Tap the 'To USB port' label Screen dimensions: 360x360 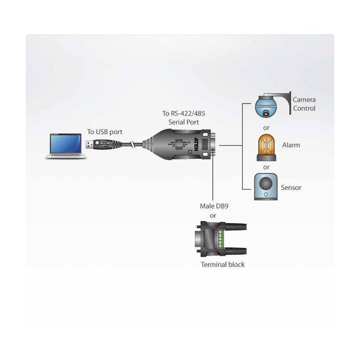click(104, 132)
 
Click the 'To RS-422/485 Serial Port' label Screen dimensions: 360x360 click(180, 117)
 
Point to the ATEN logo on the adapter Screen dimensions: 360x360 click(198, 145)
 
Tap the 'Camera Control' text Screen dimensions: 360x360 click(304, 104)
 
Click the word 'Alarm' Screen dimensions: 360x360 click(291, 145)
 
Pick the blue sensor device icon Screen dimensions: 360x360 click(266, 186)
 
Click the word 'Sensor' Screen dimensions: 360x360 click(291, 188)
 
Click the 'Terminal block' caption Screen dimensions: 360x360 click(223, 265)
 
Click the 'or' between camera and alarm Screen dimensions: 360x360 click(266, 128)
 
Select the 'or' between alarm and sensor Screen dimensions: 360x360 click(266, 167)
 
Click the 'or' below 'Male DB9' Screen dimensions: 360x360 click(213, 216)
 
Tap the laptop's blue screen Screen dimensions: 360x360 click(66, 143)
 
